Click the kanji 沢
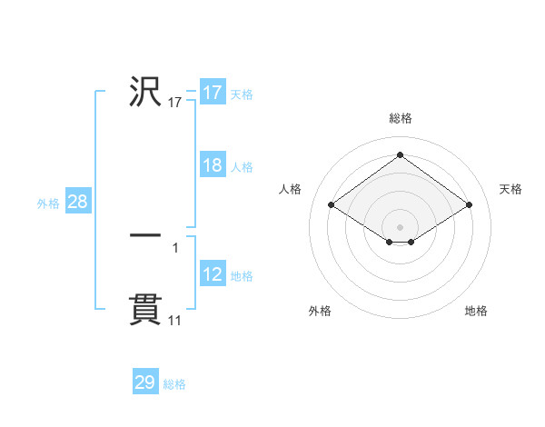coord(145,93)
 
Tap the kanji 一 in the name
coord(145,235)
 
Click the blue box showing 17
coord(212,93)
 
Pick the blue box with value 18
coord(212,165)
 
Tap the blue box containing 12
coord(212,274)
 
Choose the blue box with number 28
coord(77,202)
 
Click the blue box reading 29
coord(144,382)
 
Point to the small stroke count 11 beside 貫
coord(175,321)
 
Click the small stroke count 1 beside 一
coord(175,247)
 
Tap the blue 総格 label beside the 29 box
coord(174,384)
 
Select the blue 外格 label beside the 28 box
coord(48,204)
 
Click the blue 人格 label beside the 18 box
coord(242,167)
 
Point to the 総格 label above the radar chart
coord(400,118)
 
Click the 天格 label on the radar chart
coord(510,189)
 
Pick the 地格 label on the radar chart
coord(476,311)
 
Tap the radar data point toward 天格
coord(469,204)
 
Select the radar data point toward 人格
coord(332,204)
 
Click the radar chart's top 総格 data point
coord(400,154)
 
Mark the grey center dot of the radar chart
coord(400,226)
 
